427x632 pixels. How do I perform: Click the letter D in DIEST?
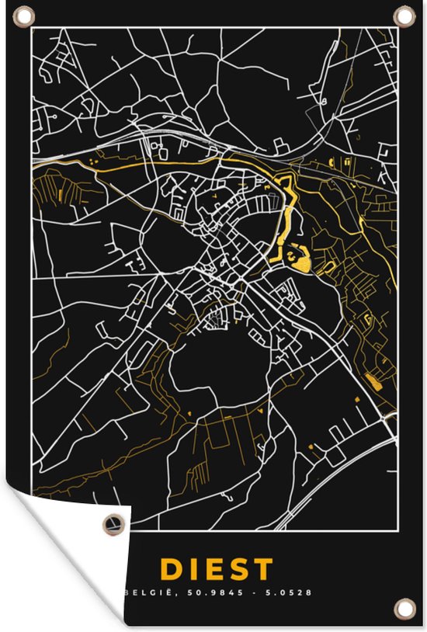170,569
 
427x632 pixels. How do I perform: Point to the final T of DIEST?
263,569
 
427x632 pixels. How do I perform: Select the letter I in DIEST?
191,569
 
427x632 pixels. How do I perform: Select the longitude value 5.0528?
290,592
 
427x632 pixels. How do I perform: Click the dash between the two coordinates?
260,592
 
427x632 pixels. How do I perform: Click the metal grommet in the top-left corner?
24,15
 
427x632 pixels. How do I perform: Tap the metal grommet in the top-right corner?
403,15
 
